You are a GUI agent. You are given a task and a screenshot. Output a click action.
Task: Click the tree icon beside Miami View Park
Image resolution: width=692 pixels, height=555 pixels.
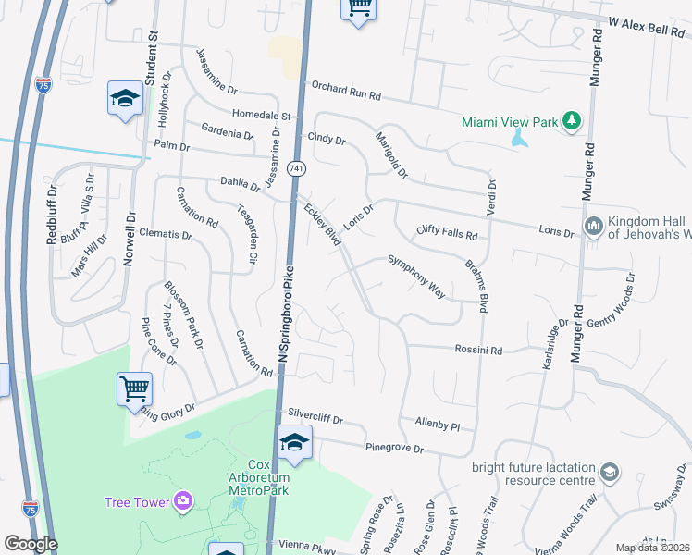pyautogui.click(x=573, y=121)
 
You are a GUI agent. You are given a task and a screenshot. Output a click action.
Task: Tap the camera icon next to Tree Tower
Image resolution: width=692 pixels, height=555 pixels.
pyautogui.click(x=183, y=501)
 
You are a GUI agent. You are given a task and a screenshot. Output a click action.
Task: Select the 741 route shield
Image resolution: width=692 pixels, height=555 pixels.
pyautogui.click(x=295, y=168)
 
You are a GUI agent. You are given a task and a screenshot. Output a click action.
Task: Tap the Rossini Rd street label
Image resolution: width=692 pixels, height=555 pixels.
pyautogui.click(x=477, y=351)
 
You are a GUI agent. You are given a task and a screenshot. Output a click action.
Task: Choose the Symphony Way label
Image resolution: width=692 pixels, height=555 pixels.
pyautogui.click(x=416, y=277)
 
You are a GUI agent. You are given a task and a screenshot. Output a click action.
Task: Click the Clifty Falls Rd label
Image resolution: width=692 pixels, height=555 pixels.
pyautogui.click(x=447, y=233)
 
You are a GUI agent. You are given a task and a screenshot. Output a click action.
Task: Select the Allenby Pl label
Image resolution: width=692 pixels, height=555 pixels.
pyautogui.click(x=438, y=425)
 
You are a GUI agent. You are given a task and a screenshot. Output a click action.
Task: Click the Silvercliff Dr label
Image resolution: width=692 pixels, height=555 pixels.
pyautogui.click(x=315, y=419)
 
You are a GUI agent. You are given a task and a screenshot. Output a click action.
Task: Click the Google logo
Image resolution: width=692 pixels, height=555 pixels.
pyautogui.click(x=30, y=544)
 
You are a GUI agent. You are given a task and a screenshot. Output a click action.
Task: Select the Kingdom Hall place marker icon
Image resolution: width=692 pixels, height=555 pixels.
pyautogui.click(x=593, y=226)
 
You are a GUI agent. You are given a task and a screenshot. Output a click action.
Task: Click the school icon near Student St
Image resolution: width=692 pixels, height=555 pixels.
pyautogui.click(x=125, y=99)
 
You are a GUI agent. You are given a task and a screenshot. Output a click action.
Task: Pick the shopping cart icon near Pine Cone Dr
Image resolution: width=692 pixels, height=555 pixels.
pyautogui.click(x=134, y=388)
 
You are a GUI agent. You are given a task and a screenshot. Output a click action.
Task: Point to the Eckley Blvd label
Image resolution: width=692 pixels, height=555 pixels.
pyautogui.click(x=323, y=225)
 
